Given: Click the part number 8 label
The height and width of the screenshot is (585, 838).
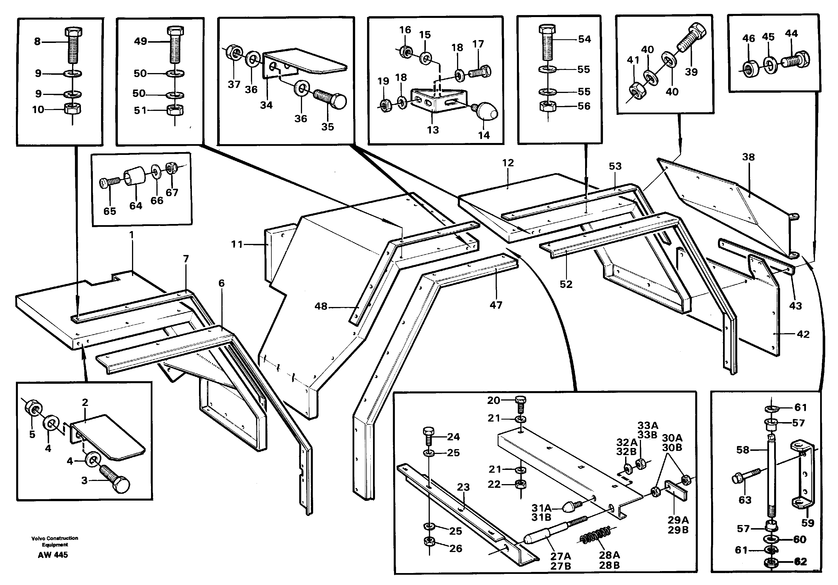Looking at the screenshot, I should tap(37, 42).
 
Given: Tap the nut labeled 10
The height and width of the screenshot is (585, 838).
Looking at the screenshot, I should tap(72, 109).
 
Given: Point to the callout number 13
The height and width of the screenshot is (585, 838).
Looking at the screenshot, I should tap(433, 130).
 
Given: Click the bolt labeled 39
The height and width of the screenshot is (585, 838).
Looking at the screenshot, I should tap(691, 38).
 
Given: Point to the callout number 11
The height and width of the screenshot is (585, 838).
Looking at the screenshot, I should tap(237, 244).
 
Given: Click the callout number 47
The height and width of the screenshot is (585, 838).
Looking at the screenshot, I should tap(496, 305).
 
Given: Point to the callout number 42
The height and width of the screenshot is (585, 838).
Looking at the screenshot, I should tap(803, 334).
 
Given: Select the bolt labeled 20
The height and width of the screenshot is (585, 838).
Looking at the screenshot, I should tap(521, 404).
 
